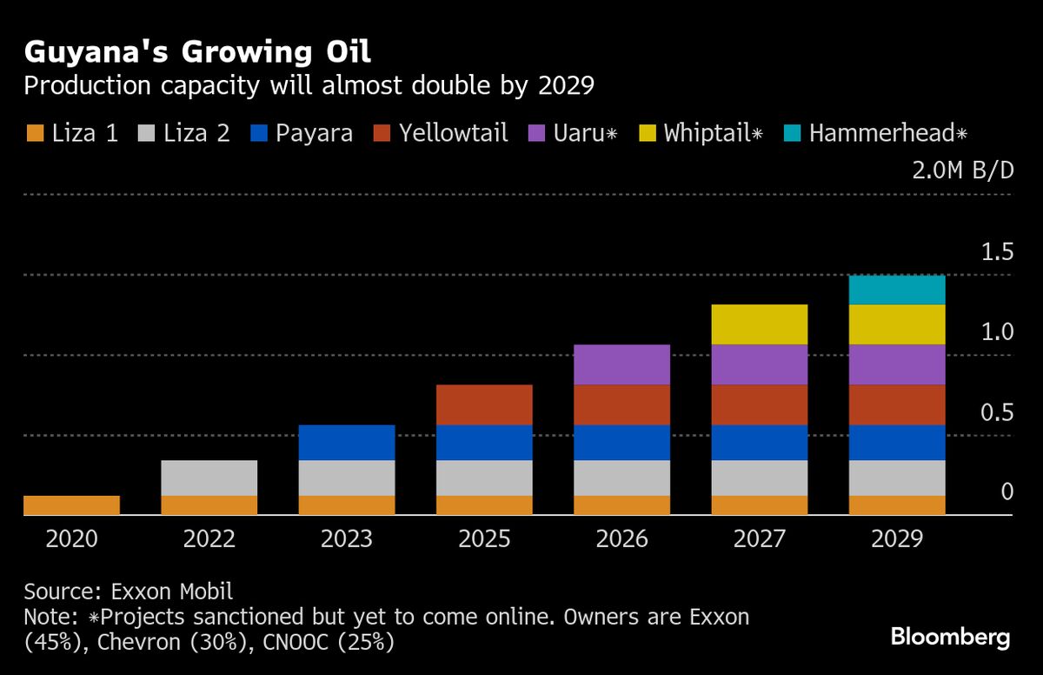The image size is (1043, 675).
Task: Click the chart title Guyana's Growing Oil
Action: click(197, 52)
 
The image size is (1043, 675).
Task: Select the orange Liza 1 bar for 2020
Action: click(71, 505)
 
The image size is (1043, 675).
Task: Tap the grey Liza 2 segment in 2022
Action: click(209, 478)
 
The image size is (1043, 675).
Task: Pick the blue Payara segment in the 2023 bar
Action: click(347, 442)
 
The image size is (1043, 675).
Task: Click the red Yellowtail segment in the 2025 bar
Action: click(484, 404)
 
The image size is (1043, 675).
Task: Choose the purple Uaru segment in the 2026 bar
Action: click(622, 364)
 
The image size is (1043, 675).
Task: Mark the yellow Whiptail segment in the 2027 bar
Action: click(760, 324)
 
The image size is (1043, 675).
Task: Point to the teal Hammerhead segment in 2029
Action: click(897, 290)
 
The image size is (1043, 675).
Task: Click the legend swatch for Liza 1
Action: click(35, 134)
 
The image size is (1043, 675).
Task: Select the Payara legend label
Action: click(314, 134)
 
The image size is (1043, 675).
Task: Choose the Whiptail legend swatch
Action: click(646, 134)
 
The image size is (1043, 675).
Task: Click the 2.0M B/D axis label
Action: click(962, 170)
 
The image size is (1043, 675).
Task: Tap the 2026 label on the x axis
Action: click(622, 539)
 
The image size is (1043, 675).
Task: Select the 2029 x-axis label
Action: click(897, 539)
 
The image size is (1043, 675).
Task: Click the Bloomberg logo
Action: click(950, 638)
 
